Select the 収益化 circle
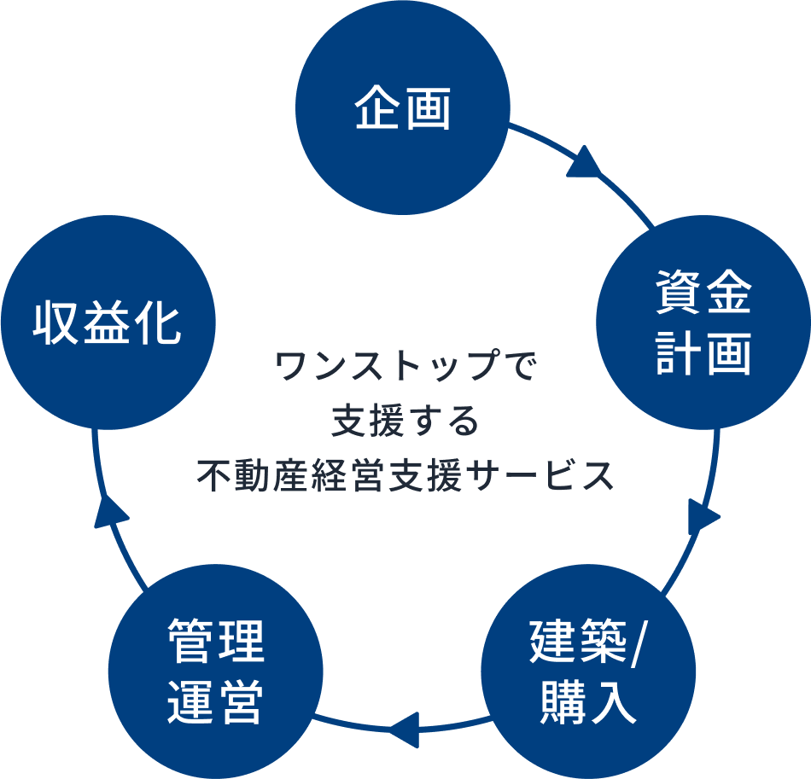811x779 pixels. (108, 323)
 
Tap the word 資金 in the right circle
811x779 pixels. (703, 294)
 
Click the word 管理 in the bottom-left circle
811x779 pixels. (216, 642)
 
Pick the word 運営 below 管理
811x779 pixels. (216, 701)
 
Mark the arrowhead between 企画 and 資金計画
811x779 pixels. (584, 163)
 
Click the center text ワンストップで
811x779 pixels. (405, 368)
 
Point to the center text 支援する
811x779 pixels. (405, 421)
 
